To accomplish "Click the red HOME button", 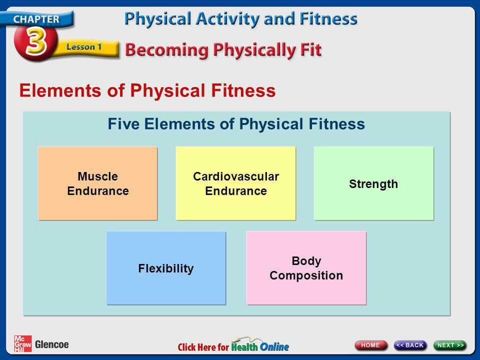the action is (x=370, y=345).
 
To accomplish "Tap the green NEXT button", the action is (x=450, y=345).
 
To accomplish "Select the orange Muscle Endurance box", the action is (x=97, y=183).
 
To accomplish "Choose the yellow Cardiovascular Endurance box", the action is (x=235, y=183).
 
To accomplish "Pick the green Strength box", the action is (x=373, y=183).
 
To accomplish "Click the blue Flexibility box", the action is (x=166, y=268).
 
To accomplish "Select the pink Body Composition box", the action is (x=306, y=268).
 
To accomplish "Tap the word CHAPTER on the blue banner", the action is (x=36, y=19).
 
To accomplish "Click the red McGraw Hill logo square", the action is (x=22, y=343).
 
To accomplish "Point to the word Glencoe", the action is (x=51, y=344).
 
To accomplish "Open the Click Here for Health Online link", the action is (x=233, y=345).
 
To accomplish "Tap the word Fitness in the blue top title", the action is (x=328, y=18).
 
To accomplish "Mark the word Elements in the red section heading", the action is (x=60, y=90).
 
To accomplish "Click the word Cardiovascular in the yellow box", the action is (x=236, y=176).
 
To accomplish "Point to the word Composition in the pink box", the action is (x=306, y=275).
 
